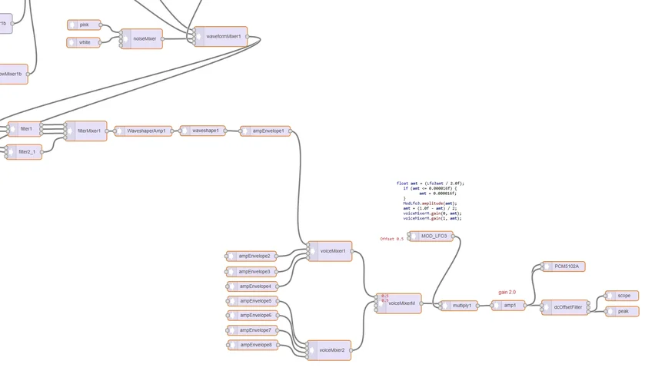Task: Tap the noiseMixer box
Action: [x=142, y=38]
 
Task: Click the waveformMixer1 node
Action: [x=221, y=36]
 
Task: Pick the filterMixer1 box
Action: [x=88, y=131]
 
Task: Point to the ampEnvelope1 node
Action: [x=266, y=131]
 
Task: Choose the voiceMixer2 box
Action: [x=331, y=350]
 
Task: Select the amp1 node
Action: [x=508, y=306]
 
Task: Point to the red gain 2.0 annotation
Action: [x=507, y=293]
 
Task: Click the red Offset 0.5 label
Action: [x=391, y=239]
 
